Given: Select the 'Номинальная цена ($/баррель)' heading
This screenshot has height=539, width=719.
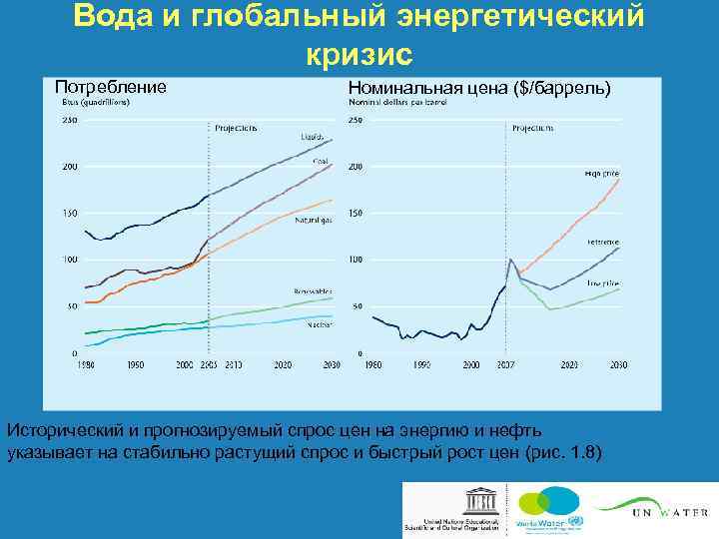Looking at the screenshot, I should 478,88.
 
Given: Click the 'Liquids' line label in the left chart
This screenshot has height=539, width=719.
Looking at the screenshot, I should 311,137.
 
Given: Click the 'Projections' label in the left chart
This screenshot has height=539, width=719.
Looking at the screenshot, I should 236,128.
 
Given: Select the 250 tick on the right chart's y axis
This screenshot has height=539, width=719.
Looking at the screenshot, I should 356,120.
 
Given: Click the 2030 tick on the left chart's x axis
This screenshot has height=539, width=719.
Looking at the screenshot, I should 332,366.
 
